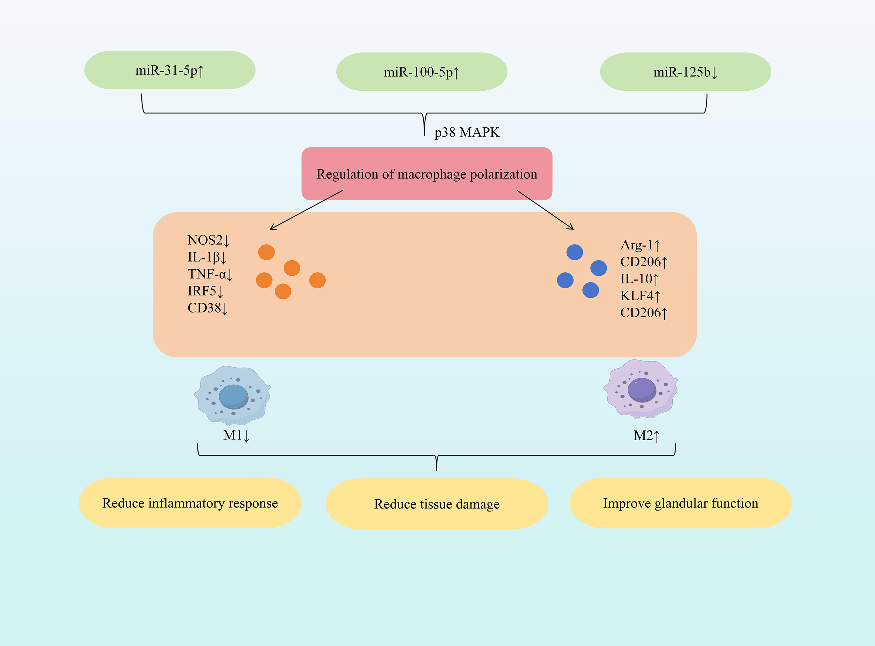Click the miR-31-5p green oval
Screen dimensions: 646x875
pyautogui.click(x=170, y=70)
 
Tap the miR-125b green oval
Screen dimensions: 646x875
pyautogui.click(x=685, y=72)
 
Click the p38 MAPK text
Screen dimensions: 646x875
pyautogui.click(x=467, y=132)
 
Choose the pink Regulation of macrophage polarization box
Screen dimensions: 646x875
pyautogui.click(x=427, y=174)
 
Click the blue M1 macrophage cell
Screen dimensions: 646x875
pyautogui.click(x=232, y=396)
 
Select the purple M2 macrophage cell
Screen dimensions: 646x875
pyautogui.click(x=641, y=389)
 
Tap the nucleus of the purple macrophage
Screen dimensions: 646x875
pyautogui.click(x=642, y=389)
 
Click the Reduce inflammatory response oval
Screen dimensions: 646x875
pyautogui.click(x=190, y=503)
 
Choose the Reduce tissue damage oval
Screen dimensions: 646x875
pyautogui.click(x=436, y=504)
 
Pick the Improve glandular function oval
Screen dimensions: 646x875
pyautogui.click(x=681, y=503)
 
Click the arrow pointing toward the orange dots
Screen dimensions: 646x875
pyautogui.click(x=306, y=210)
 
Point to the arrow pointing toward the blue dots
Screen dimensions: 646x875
pyautogui.click(x=545, y=210)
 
